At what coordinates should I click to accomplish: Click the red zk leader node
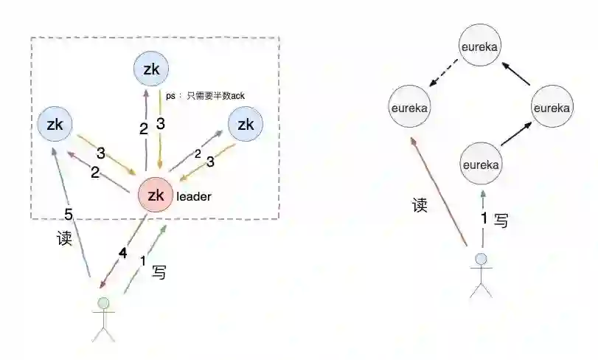coord(156,195)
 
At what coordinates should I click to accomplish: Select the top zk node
coord(151,69)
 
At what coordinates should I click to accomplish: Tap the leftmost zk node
coord(55,125)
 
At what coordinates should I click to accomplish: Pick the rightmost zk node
coord(245,125)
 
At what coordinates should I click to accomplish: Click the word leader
coord(193,197)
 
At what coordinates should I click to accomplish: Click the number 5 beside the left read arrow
coord(69,215)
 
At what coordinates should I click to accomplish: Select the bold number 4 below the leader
coord(124,252)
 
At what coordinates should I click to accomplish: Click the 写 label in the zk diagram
coord(159,271)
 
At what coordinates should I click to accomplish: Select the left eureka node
coord(410,108)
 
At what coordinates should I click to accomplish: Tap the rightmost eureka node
coord(552,108)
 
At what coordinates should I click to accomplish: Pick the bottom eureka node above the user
coord(481,164)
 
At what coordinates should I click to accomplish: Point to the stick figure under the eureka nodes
coord(481,274)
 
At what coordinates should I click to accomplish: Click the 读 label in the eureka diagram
coord(420,205)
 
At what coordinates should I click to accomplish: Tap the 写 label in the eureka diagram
coord(501,220)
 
